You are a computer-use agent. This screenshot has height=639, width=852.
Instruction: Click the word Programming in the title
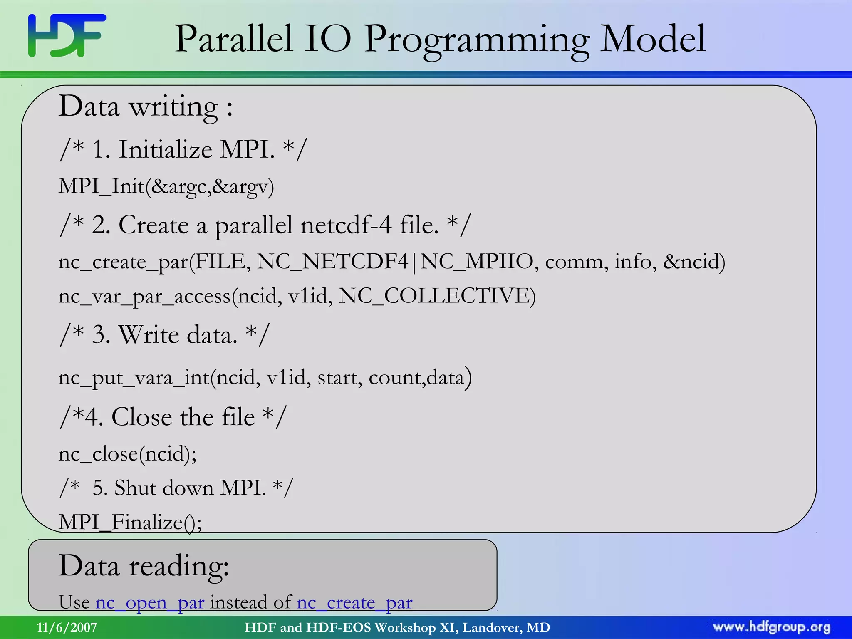pyautogui.click(x=476, y=40)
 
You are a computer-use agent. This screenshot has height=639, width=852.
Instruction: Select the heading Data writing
pyautogui.click(x=146, y=106)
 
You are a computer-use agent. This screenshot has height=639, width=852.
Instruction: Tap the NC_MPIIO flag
pyautogui.click(x=477, y=262)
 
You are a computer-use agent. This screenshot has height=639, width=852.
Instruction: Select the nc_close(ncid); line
pyautogui.click(x=127, y=453)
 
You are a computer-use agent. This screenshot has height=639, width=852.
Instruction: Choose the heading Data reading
pyautogui.click(x=144, y=566)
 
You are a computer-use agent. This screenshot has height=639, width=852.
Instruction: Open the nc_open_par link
pyautogui.click(x=150, y=602)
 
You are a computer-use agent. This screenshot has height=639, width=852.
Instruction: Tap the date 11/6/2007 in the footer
pyautogui.click(x=67, y=627)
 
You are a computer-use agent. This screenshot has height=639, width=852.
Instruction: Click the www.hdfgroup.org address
pyautogui.click(x=771, y=627)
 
